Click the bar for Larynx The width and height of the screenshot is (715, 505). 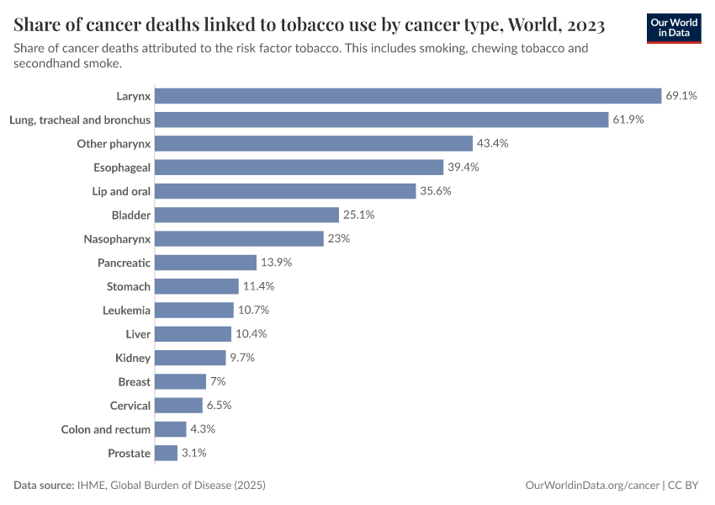pos(408,96)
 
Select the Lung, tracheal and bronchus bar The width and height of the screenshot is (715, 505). pos(382,120)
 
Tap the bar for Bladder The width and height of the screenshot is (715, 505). pos(247,215)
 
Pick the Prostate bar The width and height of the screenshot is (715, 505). pos(167,453)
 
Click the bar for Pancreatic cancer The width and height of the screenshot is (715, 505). pos(206,263)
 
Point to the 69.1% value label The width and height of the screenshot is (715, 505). pos(681,96)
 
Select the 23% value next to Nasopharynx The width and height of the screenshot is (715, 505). pos(338,239)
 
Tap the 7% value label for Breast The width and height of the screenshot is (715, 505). pos(218,381)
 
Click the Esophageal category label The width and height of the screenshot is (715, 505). pos(124,167)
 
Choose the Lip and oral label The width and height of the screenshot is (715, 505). pos(121,191)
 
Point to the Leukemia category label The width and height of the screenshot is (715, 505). pos(126,311)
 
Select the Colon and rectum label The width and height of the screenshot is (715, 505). pos(106,429)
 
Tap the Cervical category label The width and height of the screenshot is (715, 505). pos(130,406)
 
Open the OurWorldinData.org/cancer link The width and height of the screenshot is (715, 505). pos(591,486)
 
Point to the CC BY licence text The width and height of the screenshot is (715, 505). pos(686,486)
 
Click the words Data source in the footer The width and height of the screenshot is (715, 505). pos(43,486)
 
